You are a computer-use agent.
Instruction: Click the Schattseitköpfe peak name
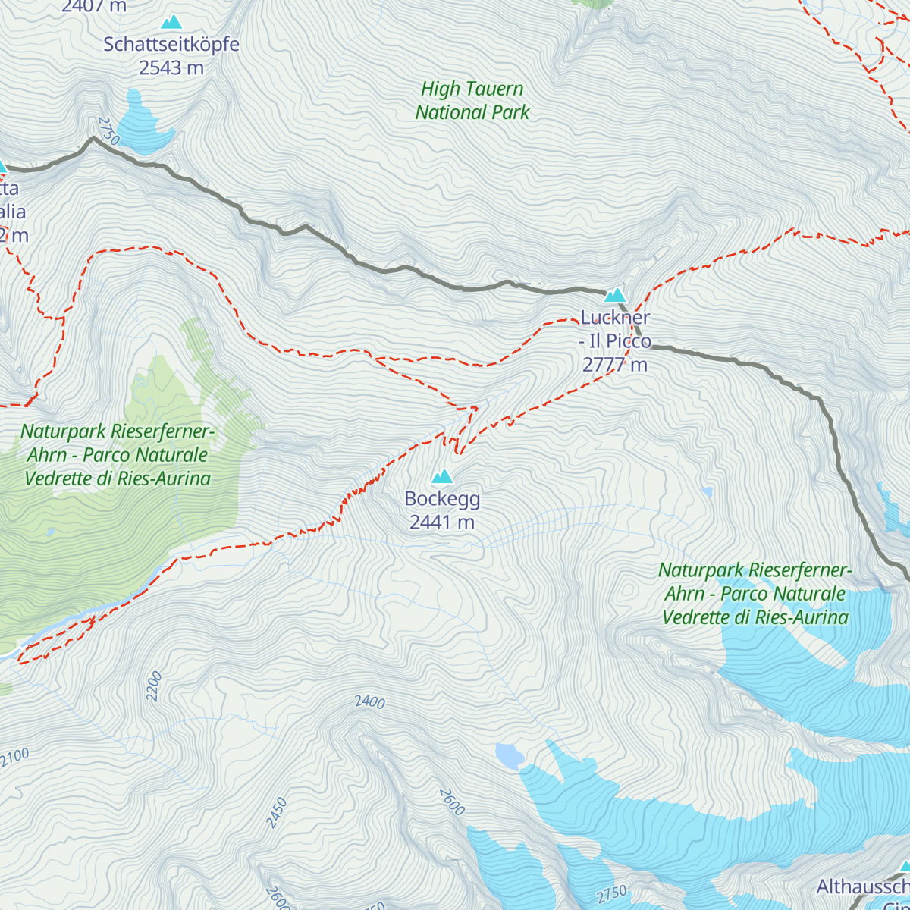click(x=171, y=44)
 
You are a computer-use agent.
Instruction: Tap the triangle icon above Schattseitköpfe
click(x=171, y=22)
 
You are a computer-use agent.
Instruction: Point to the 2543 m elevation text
click(x=171, y=67)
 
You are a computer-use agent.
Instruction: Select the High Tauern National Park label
click(x=472, y=100)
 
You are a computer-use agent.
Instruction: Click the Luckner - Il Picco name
click(x=615, y=329)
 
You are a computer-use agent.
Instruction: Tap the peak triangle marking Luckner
click(x=614, y=295)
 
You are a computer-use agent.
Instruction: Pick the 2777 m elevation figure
click(x=615, y=365)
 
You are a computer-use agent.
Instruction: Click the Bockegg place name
click(x=442, y=498)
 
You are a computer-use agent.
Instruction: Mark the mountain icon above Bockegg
click(x=442, y=476)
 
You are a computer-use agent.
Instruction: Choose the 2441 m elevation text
click(x=442, y=522)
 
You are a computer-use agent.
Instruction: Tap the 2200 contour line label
click(x=154, y=686)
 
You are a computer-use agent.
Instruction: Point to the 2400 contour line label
click(x=370, y=702)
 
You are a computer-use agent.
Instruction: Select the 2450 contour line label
click(x=278, y=813)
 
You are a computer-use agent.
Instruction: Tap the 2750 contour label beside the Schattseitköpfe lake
click(x=108, y=130)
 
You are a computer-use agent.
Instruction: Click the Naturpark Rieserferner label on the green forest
click(x=118, y=455)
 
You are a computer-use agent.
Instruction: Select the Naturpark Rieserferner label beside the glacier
click(x=755, y=593)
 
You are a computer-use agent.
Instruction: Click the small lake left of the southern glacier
click(x=509, y=755)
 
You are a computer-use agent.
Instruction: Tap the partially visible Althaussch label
click(x=863, y=886)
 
